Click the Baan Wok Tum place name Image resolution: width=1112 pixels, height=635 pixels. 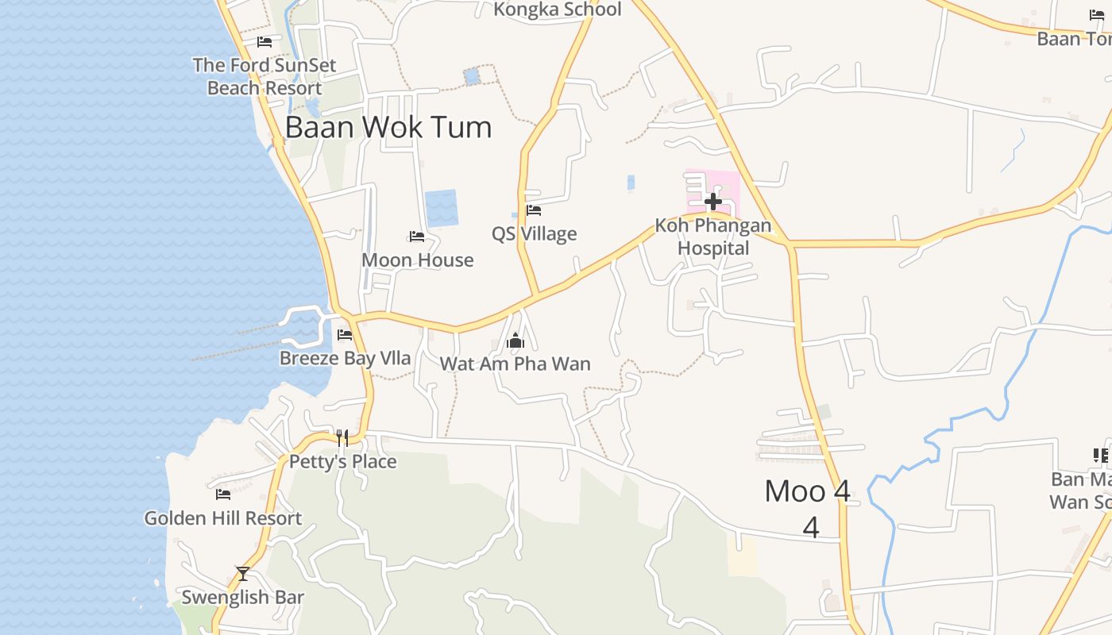coord(388,127)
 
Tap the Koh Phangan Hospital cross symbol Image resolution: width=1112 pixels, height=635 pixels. coord(713,202)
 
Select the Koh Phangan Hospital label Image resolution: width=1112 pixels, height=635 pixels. coord(713,237)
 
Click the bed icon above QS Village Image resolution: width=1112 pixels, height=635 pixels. coord(534,210)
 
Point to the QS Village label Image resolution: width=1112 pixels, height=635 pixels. coord(534,234)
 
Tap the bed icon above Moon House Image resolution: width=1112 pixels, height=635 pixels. coord(417,237)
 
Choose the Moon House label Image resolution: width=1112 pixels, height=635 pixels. coord(417,260)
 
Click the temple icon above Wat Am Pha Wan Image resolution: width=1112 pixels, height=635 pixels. coord(515,342)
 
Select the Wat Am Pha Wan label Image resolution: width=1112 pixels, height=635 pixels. coord(515,364)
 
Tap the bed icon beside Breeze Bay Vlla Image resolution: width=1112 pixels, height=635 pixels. coord(345,335)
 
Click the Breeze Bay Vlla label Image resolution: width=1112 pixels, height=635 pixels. coord(345,358)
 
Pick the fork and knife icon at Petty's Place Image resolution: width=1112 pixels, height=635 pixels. coord(342,437)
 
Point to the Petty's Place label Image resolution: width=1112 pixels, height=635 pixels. coord(342,462)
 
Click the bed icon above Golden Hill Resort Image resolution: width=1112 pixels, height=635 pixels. coord(223,495)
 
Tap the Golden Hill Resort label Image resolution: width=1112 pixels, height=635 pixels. coord(223,518)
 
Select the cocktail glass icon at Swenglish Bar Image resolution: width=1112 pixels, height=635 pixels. coord(243,573)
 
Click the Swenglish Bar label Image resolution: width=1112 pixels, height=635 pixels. coord(243,597)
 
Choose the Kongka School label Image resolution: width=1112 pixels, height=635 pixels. coord(557,10)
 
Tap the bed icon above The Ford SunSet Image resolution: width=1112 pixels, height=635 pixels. coord(264,42)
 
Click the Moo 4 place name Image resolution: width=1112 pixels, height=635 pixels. coord(807,491)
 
